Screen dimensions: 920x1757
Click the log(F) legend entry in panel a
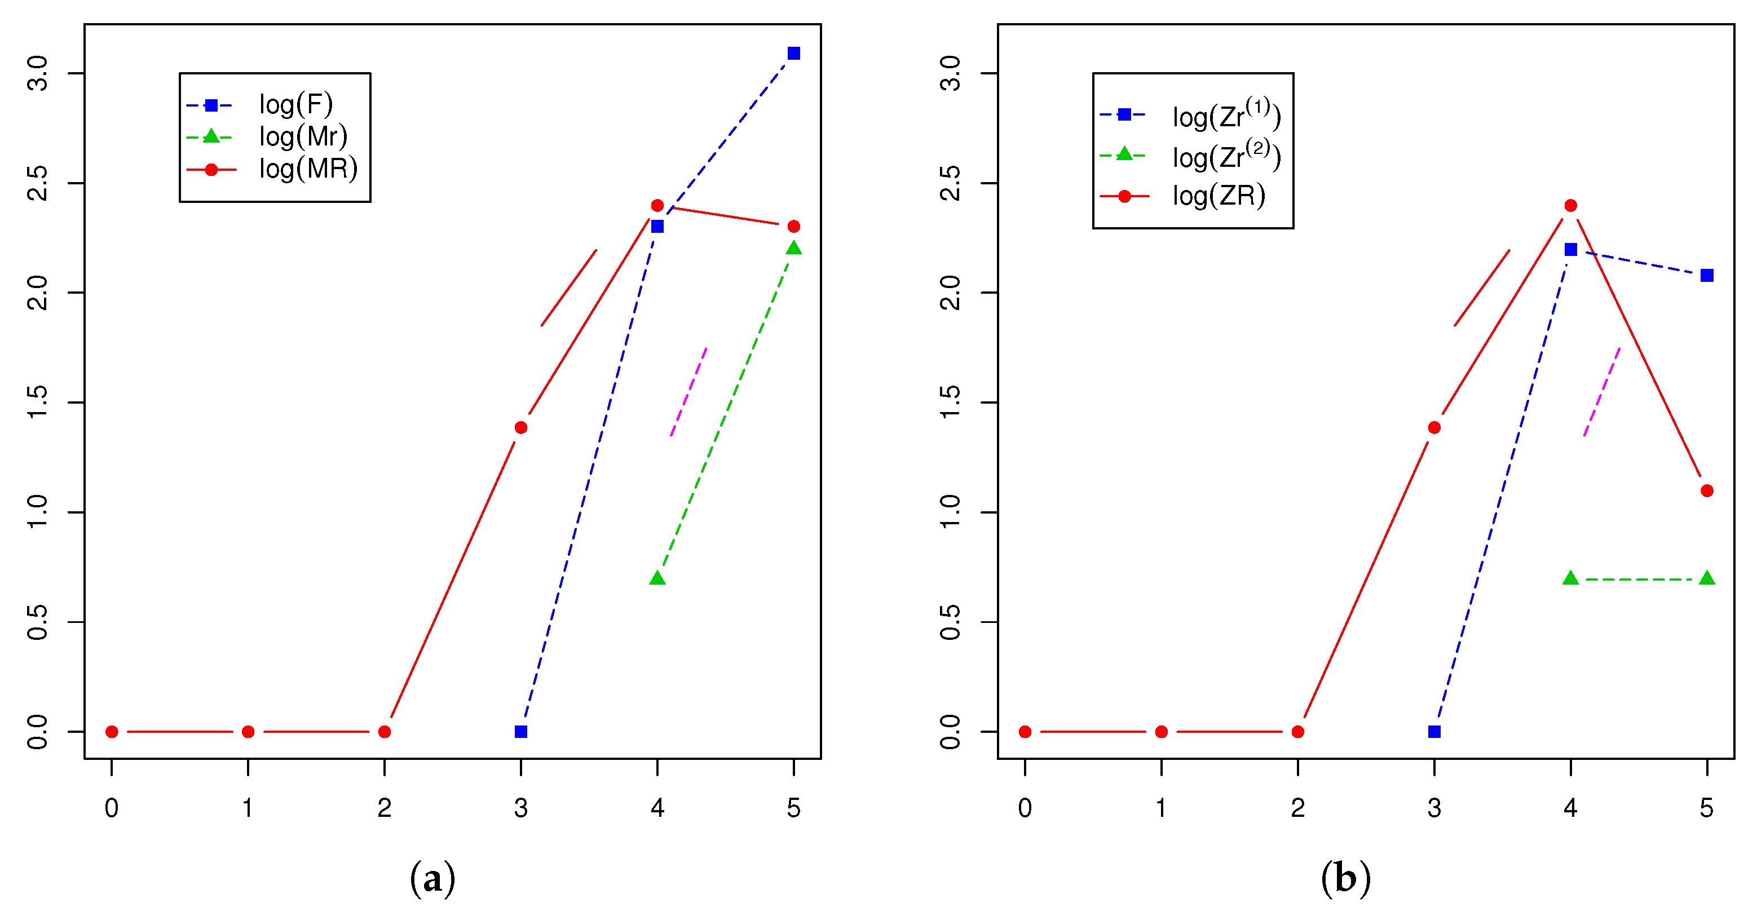(x=295, y=105)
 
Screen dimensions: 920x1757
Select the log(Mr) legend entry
(x=303, y=137)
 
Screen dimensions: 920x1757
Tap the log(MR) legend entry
(x=308, y=169)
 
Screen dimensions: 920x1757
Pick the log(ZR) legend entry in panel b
(x=1218, y=196)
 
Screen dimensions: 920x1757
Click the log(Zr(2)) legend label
(x=1226, y=156)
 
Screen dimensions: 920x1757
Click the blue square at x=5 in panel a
(x=793, y=53)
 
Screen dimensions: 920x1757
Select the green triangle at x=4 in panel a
(x=657, y=578)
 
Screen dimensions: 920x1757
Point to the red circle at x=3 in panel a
(x=520, y=428)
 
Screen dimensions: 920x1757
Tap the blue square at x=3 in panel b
(x=1434, y=732)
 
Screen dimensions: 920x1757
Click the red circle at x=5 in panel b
(x=1706, y=491)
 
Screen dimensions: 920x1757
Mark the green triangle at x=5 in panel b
(x=1706, y=578)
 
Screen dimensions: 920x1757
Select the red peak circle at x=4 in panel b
(x=1570, y=205)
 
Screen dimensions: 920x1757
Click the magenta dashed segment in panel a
(x=689, y=391)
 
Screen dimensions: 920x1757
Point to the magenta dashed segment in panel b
(x=1601, y=391)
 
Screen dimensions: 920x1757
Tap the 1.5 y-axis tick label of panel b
(x=950, y=402)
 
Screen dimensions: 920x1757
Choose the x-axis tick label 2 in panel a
(x=384, y=808)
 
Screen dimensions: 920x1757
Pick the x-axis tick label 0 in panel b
(x=1025, y=808)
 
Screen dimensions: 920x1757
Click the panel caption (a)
(x=432, y=878)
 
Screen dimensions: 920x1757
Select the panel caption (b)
(x=1345, y=878)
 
